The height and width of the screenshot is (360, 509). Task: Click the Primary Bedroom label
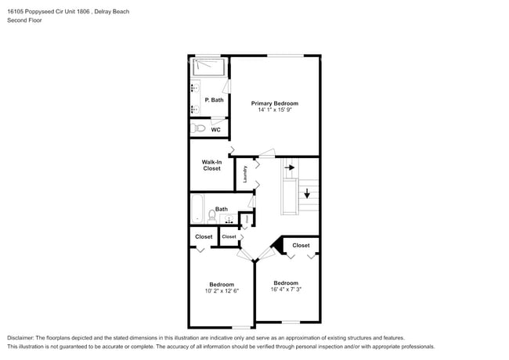coord(274,103)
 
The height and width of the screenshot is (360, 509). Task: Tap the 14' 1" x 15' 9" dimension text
coord(274,110)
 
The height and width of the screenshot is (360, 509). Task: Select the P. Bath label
coord(214,100)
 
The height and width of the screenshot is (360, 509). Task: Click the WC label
coord(215,130)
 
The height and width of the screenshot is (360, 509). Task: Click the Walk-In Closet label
coord(211,165)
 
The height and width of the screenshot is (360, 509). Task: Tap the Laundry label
coord(245,174)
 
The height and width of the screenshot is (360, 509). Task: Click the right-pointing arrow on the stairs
coord(289,167)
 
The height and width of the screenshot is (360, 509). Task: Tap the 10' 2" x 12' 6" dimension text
coord(221,291)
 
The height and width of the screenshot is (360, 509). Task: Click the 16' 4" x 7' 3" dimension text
coord(286,290)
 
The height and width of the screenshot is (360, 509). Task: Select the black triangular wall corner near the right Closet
coord(276,247)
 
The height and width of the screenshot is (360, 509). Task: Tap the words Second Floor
coord(25,20)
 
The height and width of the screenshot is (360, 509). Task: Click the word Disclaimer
coord(23,337)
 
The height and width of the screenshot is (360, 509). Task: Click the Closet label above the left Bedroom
coord(204,236)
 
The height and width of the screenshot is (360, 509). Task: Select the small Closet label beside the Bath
coord(229,236)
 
